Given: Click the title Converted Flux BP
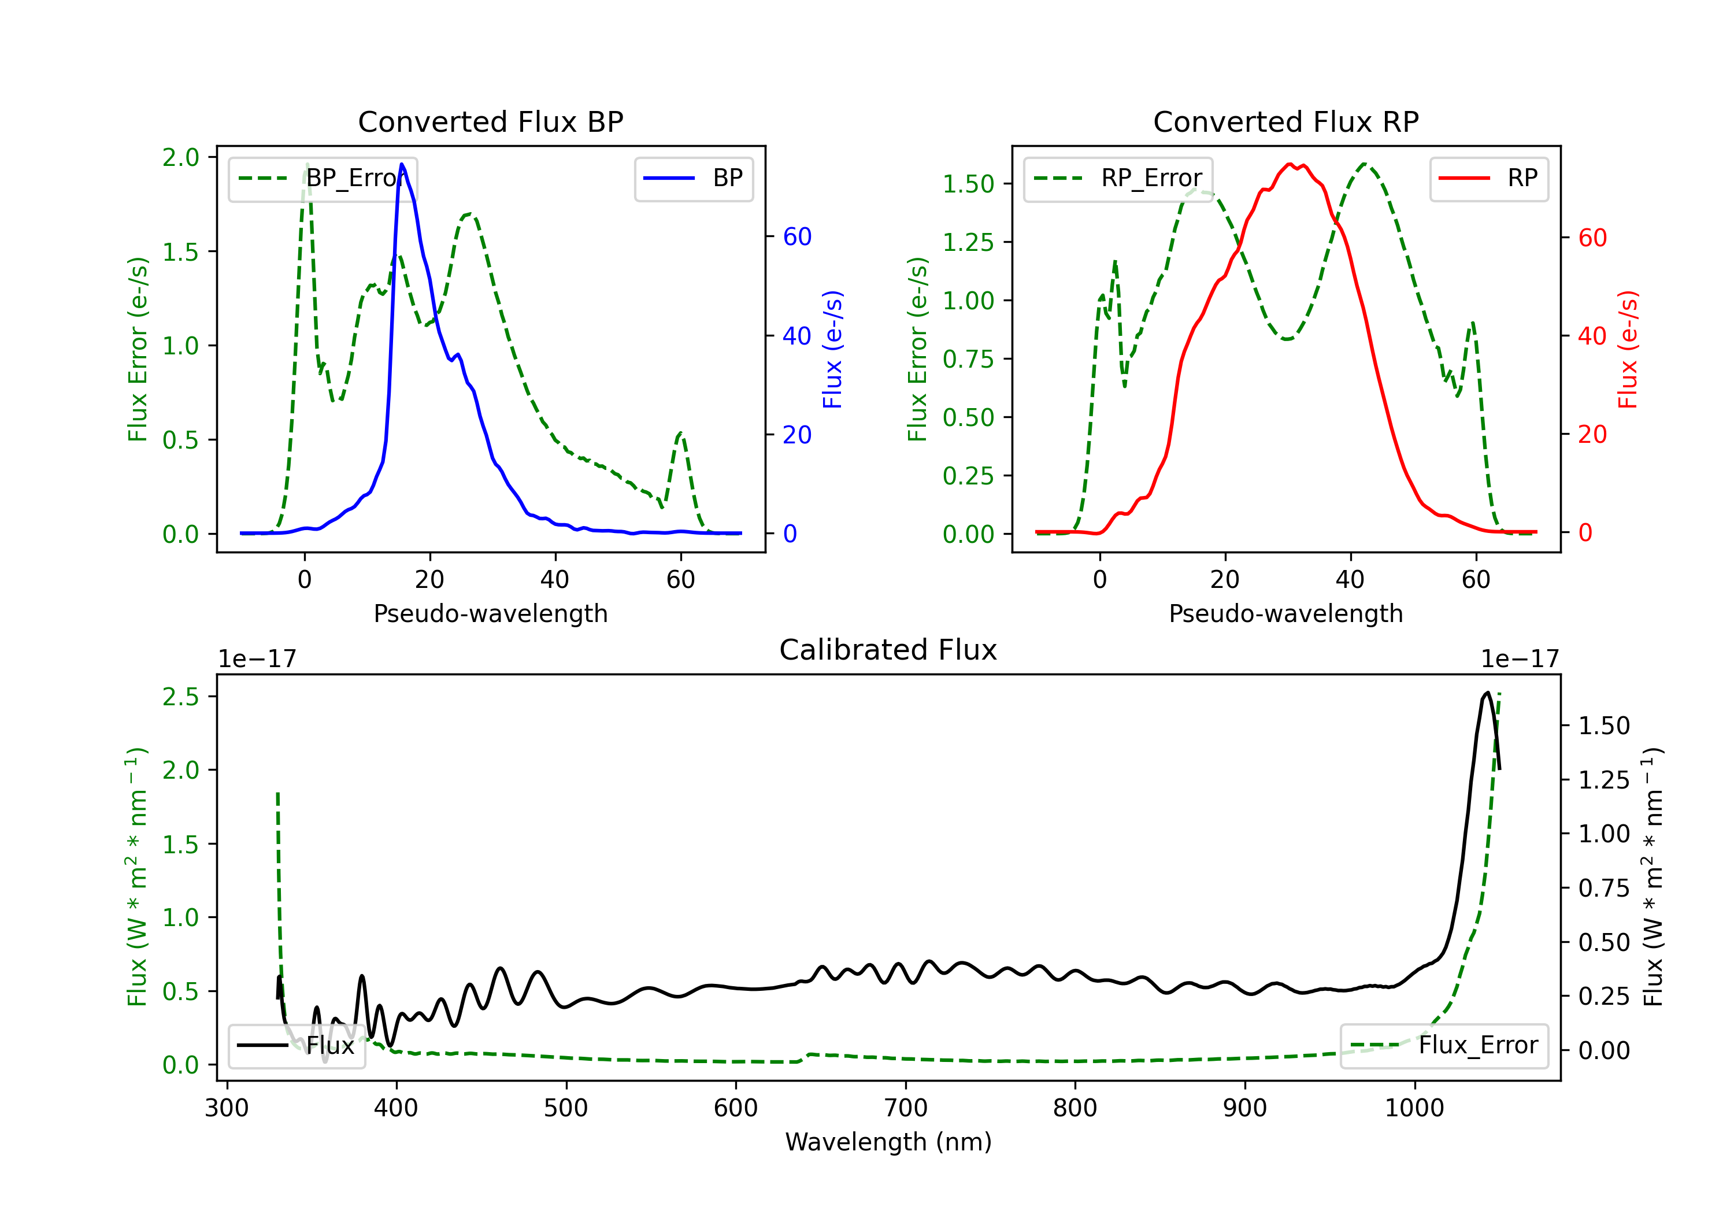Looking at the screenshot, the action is pos(490,121).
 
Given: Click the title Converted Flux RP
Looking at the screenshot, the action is pos(1285,121).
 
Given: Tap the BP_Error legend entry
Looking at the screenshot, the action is pos(323,178).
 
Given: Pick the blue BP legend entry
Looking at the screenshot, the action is pos(693,178).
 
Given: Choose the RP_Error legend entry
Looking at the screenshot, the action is pos(1118,178).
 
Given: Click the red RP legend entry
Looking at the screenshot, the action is pos(1488,178).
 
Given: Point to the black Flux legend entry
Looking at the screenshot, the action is pos(296,1046).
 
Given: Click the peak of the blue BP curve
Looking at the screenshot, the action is pos(402,164).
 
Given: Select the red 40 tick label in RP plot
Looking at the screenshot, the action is pos(1592,335).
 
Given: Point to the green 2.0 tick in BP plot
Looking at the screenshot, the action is pos(180,157).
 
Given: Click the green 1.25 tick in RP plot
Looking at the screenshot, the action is pos(968,242).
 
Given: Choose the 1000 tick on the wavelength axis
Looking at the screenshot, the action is pos(1414,1108).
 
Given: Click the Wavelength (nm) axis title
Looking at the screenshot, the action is pos(888,1142).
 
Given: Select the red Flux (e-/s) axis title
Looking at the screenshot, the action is pos(1628,349).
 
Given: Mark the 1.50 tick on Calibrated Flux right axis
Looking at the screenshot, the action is pos(1604,726).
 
